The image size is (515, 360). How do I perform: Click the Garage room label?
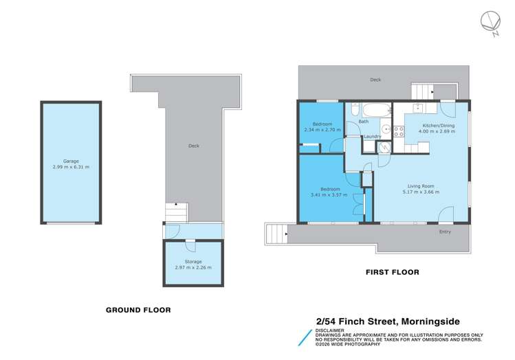pos(71,161)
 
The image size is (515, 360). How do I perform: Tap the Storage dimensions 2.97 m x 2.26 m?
pos(193,267)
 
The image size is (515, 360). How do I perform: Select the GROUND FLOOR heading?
pos(138,310)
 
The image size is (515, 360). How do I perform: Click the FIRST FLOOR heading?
pos(392,272)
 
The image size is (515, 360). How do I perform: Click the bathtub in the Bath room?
pos(375,110)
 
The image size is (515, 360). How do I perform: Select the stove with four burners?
pos(397,130)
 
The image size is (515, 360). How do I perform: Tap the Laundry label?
pos(373,136)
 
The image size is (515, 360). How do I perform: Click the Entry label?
pos(446,232)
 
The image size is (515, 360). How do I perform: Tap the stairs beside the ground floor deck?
pos(176,213)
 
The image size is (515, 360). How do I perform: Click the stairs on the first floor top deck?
pos(421,91)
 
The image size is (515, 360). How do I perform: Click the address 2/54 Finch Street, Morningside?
pos(388,320)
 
